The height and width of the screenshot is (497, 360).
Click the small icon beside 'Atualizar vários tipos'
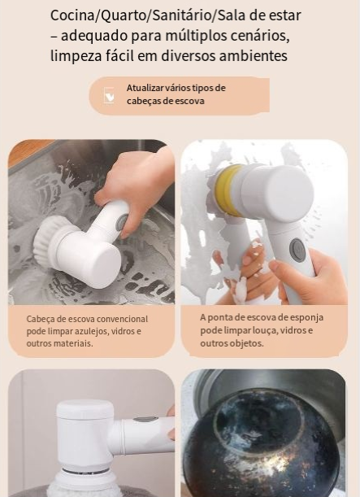point(109,95)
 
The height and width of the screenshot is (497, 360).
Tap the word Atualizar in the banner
point(145,88)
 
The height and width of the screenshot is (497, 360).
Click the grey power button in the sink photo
point(122,223)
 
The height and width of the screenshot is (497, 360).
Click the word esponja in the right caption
point(307,317)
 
